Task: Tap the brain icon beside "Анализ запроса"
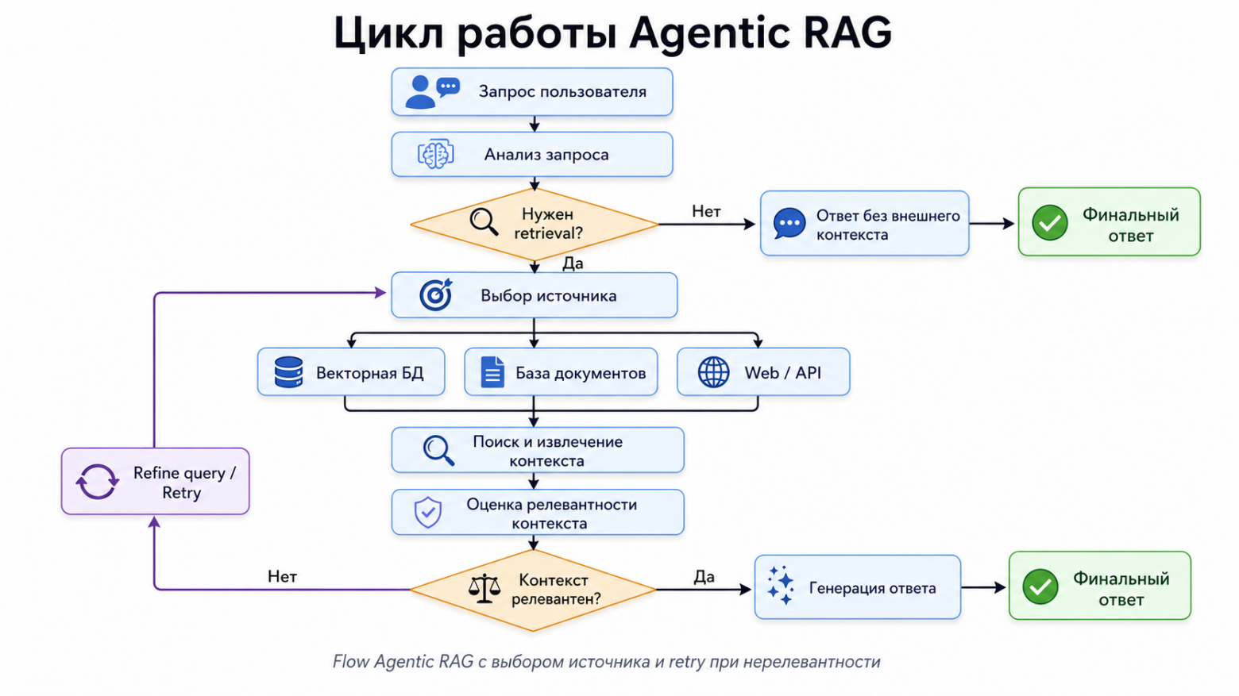tap(435, 154)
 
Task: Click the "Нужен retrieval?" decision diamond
tap(534, 225)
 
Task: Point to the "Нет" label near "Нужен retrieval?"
tap(705, 211)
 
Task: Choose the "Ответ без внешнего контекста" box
tap(864, 224)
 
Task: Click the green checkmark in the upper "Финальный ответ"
tap(1049, 223)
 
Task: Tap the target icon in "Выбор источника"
tap(435, 295)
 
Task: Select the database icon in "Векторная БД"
tap(288, 372)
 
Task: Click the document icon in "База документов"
tap(492, 372)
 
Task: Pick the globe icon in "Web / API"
tap(713, 372)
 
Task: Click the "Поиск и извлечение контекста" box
tap(537, 451)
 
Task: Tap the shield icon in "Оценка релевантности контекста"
tap(428, 513)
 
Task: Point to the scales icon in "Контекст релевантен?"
tap(484, 589)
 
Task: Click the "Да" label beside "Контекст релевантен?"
tap(704, 577)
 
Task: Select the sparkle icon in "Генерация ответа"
tap(780, 586)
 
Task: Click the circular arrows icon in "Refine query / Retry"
tap(97, 482)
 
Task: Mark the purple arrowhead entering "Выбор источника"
tap(380, 293)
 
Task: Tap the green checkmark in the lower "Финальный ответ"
tap(1040, 587)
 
